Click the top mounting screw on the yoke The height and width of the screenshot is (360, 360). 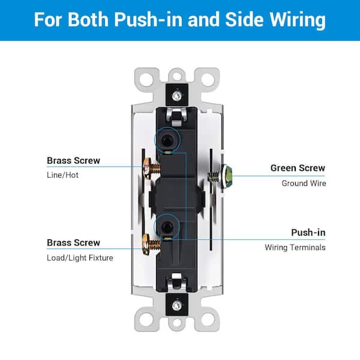coord(176,95)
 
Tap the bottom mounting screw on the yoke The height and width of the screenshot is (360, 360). coord(176,305)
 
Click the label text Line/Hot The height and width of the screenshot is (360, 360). coord(62,175)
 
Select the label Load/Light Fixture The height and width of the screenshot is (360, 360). coord(80,258)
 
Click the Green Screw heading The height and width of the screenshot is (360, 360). coord(298,168)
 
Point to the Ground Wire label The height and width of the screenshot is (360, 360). coord(304,183)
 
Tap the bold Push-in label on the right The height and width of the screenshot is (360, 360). coord(308,232)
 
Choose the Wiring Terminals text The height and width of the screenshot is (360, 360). coord(295,247)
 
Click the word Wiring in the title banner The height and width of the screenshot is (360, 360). coord(296,20)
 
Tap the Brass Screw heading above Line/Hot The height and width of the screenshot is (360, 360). coord(73,160)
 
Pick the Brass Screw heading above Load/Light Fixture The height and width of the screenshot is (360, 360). coord(73,243)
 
